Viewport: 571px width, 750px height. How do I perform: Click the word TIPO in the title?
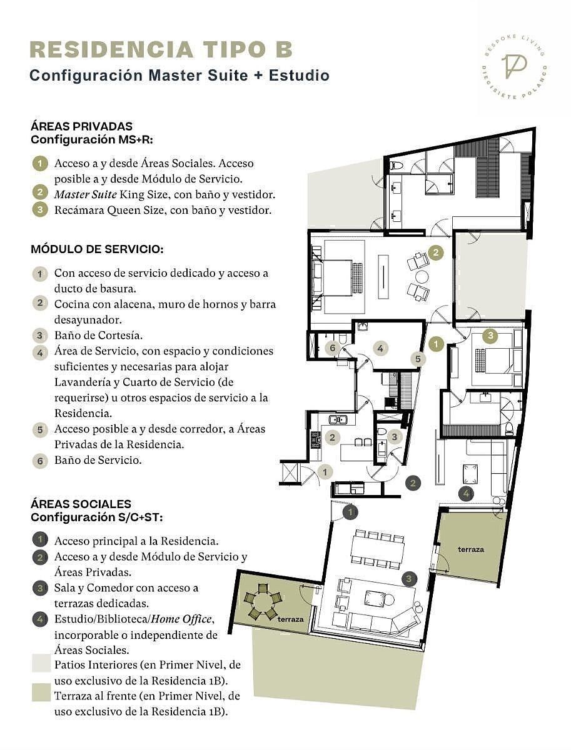233,49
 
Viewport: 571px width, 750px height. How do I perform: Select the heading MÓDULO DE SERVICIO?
97,249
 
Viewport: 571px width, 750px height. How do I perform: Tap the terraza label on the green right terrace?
471,549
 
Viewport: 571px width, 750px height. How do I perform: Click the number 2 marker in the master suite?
436,252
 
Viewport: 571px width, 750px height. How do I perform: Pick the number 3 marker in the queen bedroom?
490,335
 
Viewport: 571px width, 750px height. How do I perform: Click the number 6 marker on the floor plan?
332,348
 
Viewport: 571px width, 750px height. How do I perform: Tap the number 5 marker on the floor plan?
418,359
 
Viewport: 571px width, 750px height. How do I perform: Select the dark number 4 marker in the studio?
466,493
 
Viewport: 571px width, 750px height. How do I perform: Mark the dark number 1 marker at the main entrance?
350,512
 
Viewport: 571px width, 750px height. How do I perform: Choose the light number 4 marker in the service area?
380,348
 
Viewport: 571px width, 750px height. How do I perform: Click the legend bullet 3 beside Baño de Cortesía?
40,335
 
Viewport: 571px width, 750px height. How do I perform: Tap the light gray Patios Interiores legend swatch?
41,663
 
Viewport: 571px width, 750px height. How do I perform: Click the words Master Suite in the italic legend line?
86,194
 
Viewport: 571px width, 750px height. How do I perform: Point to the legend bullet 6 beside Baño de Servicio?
40,461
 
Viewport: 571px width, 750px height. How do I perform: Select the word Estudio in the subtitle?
299,76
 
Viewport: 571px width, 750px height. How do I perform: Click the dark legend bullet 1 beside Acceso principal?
40,539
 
